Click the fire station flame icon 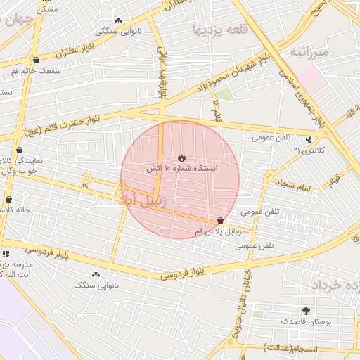(x=181, y=157)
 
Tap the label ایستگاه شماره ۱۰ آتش (x=181, y=169)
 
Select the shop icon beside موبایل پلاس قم (x=221, y=220)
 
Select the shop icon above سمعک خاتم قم (x=36, y=60)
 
